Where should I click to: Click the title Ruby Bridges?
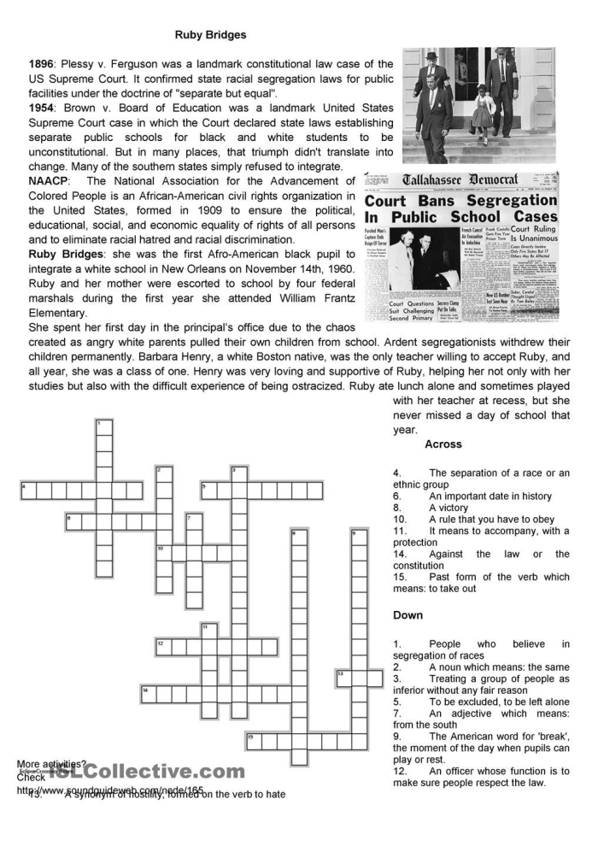[210, 35]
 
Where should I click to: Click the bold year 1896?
[41, 64]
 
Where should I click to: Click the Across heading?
[443, 444]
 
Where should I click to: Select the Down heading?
[408, 615]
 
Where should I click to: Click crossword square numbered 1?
[103, 428]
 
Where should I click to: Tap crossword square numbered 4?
[28, 491]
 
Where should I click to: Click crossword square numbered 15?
[254, 740]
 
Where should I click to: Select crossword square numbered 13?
[343, 678]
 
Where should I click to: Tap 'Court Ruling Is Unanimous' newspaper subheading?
[533, 234]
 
